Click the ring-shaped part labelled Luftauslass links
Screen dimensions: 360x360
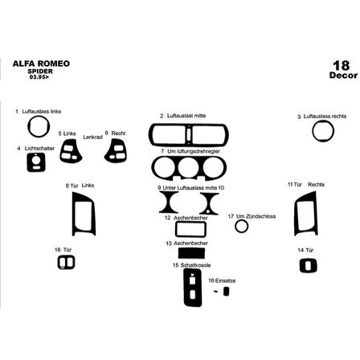coord(37,127)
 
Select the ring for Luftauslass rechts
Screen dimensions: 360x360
coord(323,132)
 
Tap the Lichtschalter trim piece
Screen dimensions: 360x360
coord(35,162)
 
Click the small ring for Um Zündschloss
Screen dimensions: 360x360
coord(241,226)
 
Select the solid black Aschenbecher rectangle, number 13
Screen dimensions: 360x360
coord(186,253)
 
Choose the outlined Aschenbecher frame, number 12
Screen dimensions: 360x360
coord(185,230)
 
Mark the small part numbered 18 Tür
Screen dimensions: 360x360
coord(67,263)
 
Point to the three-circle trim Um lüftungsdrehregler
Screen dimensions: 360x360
coord(189,170)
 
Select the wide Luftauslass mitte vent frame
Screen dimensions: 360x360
coord(188,134)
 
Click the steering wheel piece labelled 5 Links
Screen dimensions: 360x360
coord(72,149)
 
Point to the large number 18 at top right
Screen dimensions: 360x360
coord(340,64)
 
